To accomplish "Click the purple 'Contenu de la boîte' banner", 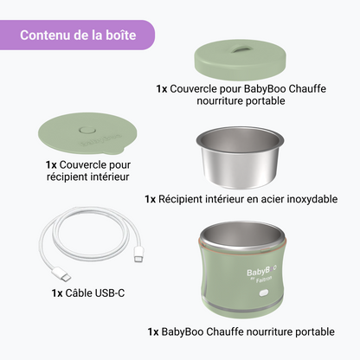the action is (x=77, y=35).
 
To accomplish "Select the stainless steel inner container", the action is (x=240, y=157).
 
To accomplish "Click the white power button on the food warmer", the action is (x=264, y=293).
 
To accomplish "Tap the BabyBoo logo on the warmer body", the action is (x=261, y=271).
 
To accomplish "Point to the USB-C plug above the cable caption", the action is (x=61, y=274).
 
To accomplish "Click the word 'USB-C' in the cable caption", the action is (x=110, y=293).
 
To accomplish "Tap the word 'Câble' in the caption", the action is (x=79, y=293).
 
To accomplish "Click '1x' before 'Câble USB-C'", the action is (x=57, y=293).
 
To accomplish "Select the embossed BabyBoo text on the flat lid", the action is (x=100, y=140).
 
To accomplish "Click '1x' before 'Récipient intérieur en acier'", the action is (x=150, y=199).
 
